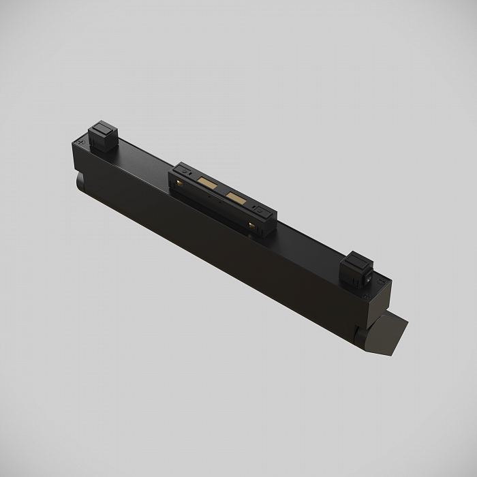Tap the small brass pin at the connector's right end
click(251, 226)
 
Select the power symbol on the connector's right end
click(260, 209)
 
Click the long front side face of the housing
click(225, 252)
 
